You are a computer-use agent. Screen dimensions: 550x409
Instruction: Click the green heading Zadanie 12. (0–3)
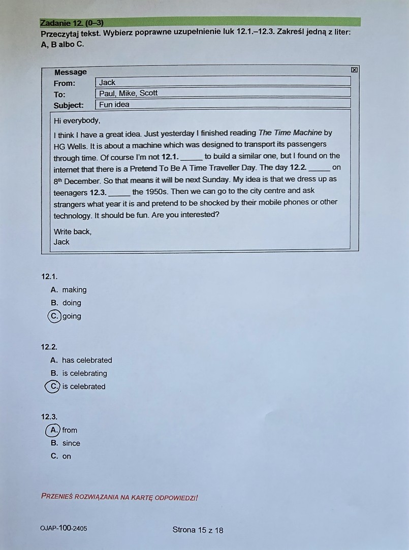[72, 22]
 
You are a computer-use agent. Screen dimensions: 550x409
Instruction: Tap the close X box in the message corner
[354, 70]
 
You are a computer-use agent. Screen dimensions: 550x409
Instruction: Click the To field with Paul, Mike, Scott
[223, 93]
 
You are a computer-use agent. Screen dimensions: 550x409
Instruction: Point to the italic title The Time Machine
[290, 133]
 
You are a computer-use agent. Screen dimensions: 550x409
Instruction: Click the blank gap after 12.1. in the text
[191, 156]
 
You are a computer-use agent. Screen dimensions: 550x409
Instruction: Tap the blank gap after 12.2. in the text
[319, 168]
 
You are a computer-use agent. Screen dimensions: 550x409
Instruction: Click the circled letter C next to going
[54, 316]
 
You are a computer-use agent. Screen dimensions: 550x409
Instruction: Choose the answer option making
[74, 290]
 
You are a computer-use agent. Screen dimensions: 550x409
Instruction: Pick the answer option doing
[72, 303]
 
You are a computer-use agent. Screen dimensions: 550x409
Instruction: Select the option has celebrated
[87, 360]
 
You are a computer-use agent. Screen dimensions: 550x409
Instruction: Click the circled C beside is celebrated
[52, 386]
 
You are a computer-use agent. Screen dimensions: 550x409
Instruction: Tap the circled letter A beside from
[53, 430]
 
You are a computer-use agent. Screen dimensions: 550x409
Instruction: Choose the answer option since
[71, 443]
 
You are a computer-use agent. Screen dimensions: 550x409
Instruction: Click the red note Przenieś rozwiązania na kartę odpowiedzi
[119, 497]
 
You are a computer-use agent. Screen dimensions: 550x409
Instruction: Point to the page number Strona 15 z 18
[198, 530]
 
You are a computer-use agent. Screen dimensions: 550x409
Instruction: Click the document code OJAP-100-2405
[63, 529]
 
